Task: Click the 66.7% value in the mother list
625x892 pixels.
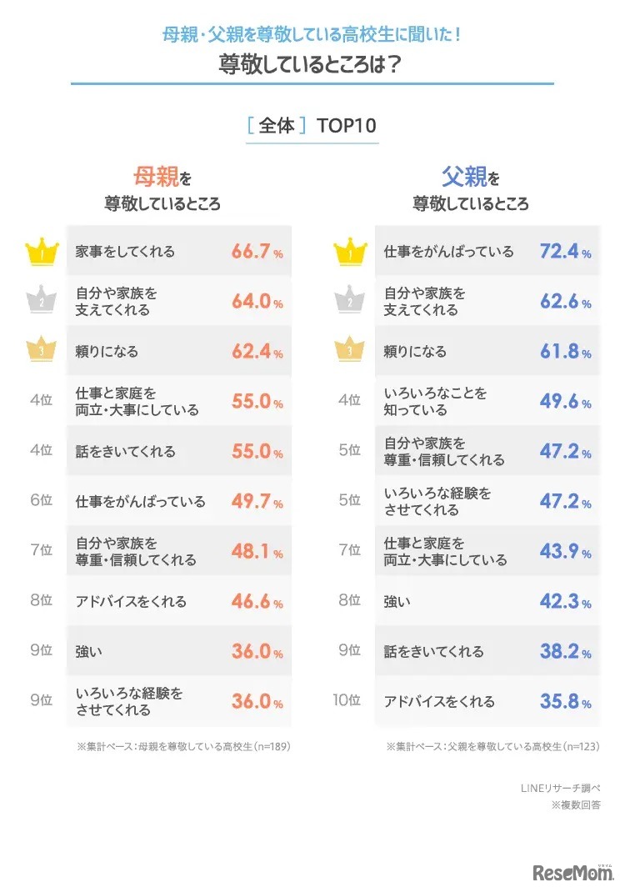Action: (x=257, y=251)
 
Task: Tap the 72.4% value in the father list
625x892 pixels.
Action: (x=565, y=251)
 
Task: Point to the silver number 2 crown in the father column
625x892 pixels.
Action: (x=349, y=301)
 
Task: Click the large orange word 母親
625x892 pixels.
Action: (x=156, y=177)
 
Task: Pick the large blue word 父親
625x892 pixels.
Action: (x=463, y=177)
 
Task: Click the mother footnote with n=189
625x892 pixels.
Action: (x=183, y=746)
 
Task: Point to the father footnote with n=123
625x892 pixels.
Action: (x=492, y=746)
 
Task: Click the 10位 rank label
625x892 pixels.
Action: (x=347, y=700)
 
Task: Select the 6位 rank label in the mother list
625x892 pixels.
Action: (x=41, y=501)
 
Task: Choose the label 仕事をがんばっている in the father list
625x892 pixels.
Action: (x=448, y=251)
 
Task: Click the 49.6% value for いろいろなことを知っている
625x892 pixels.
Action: (x=565, y=401)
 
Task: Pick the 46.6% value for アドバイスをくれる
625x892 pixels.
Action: (x=257, y=601)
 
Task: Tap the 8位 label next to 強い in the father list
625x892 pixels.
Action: (x=349, y=601)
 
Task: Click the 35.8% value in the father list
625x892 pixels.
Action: (x=565, y=701)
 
